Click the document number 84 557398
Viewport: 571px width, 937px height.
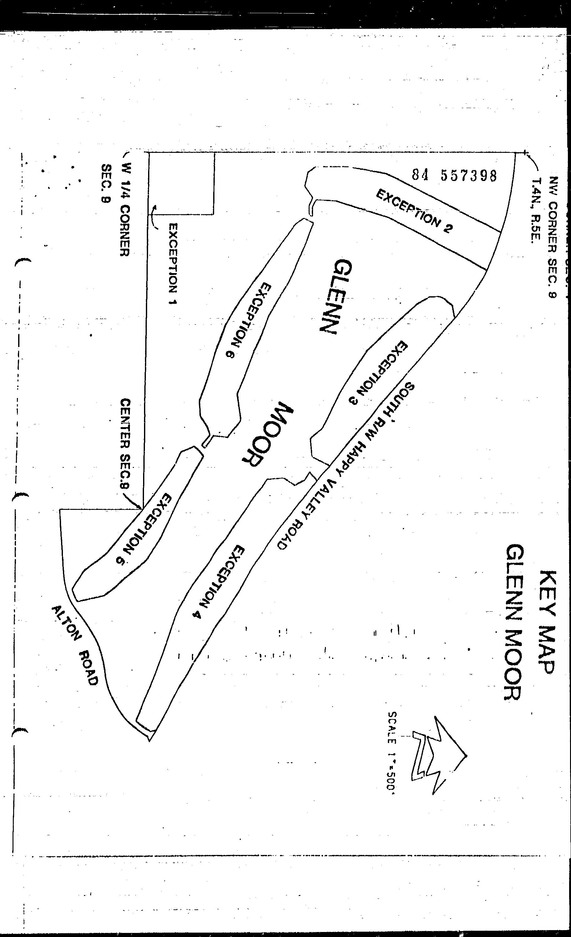454,175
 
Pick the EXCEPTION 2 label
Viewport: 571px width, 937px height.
414,211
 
